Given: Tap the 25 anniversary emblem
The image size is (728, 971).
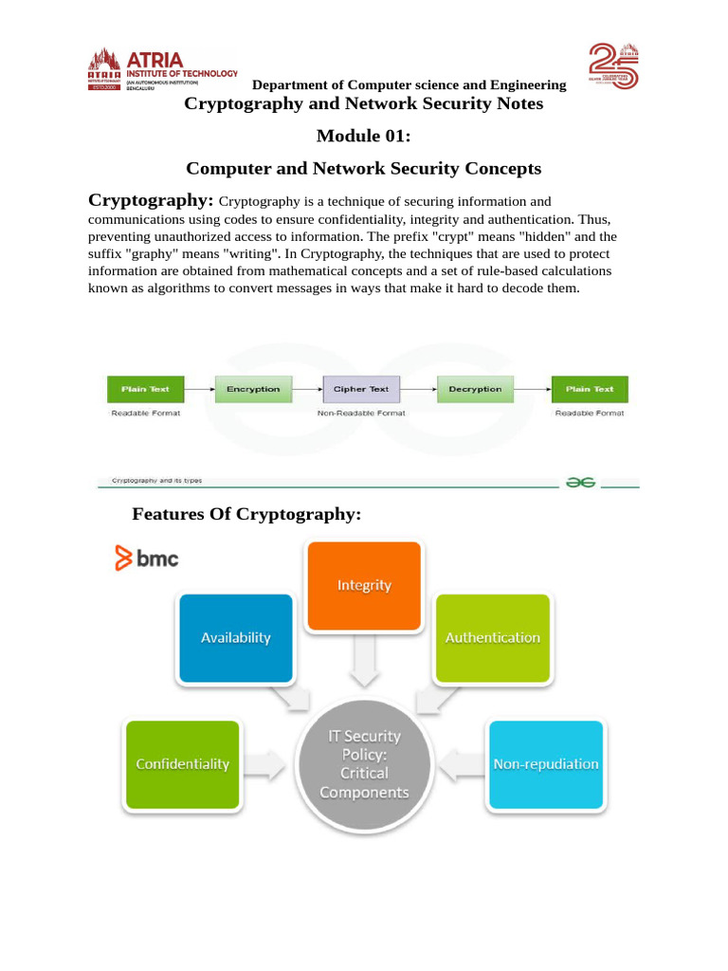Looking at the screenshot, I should pyautogui.click(x=614, y=66).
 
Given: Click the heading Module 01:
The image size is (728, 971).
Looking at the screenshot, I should pyautogui.click(x=364, y=137).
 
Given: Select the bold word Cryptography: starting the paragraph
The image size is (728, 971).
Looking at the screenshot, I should pyautogui.click(x=151, y=200).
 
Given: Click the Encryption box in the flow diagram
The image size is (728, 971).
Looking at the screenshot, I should pyautogui.click(x=253, y=389).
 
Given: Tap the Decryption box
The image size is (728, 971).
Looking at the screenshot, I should pyautogui.click(x=475, y=389).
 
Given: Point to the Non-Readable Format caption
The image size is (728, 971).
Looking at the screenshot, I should pyautogui.click(x=361, y=413).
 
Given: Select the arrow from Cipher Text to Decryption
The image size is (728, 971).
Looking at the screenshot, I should pyautogui.click(x=419, y=389).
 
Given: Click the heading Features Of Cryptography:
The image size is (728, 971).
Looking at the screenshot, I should pyautogui.click(x=246, y=514).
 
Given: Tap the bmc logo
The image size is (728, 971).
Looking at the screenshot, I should pyautogui.click(x=147, y=559).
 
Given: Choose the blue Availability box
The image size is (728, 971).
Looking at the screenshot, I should pyautogui.click(x=235, y=637).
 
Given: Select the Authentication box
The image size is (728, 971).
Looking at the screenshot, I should pyautogui.click(x=493, y=637).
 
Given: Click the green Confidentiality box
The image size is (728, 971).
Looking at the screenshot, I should pyautogui.click(x=182, y=763).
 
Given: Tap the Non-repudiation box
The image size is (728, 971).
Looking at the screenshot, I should pyautogui.click(x=546, y=763).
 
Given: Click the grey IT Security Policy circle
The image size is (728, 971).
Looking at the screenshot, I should pyautogui.click(x=364, y=763).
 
